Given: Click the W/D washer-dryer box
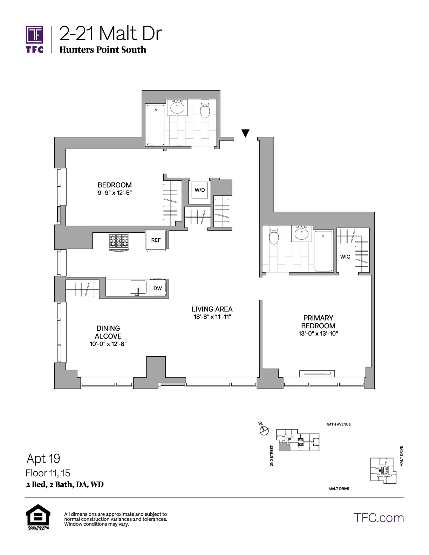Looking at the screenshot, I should coord(199,190).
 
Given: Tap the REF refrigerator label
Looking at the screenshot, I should coord(156,240).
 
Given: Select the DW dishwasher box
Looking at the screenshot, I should coord(158,288).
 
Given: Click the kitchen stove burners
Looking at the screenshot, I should coord(119,241).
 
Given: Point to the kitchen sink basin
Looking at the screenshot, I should coord(138,287).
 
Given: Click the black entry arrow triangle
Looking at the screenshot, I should coord(245,133).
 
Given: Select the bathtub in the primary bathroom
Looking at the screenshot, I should coord(323,251).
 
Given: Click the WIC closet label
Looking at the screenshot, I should coord(345,257).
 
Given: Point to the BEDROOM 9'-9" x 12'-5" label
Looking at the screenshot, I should coord(115,189).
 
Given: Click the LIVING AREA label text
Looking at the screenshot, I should coord(212,309).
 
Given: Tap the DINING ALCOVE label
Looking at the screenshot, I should coord(108,332).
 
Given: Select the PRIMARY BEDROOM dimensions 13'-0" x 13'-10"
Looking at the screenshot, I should coord(318,334).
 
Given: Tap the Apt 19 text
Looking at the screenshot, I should coord(43,458).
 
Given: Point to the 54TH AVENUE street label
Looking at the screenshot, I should coord(339,424).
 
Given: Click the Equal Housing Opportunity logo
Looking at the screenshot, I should coord(38,516).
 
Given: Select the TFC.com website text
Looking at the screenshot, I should coord(379,518).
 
